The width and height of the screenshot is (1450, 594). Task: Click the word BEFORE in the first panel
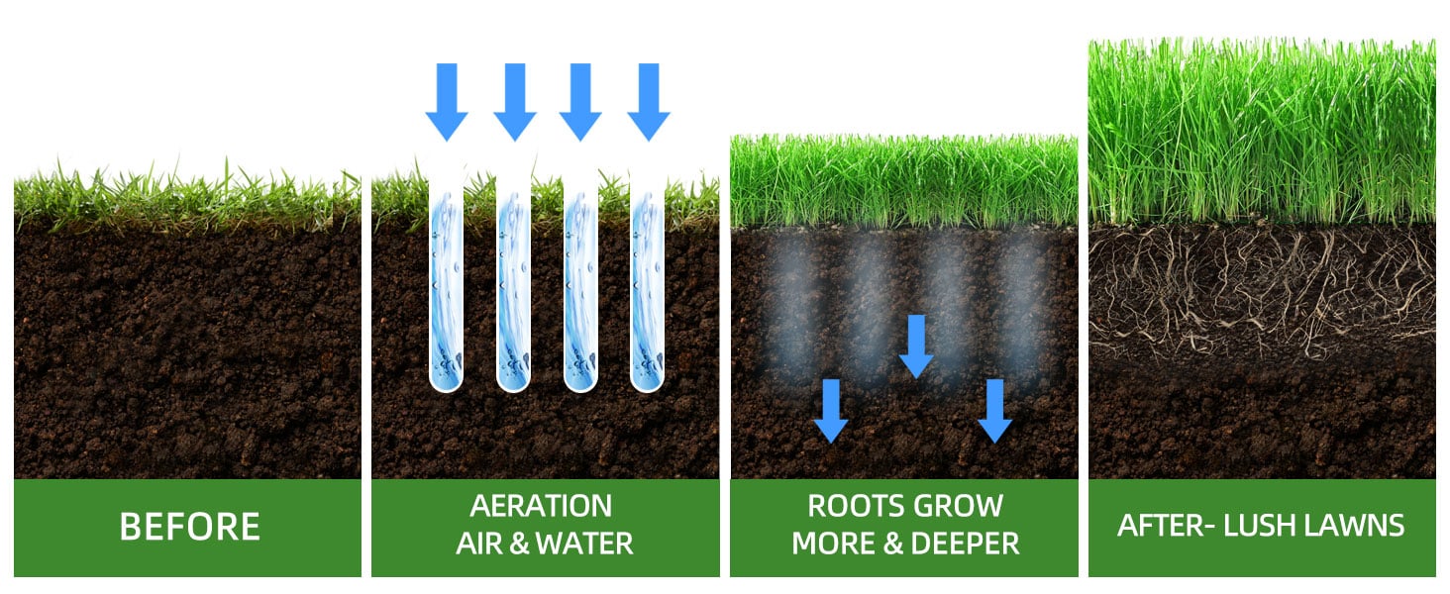pyautogui.click(x=189, y=527)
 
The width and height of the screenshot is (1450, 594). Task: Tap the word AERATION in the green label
pyautogui.click(x=541, y=506)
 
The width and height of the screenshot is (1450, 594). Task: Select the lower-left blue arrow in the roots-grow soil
pyautogui.click(x=831, y=410)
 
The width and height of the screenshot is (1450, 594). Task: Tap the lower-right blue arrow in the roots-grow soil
pyautogui.click(x=994, y=410)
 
